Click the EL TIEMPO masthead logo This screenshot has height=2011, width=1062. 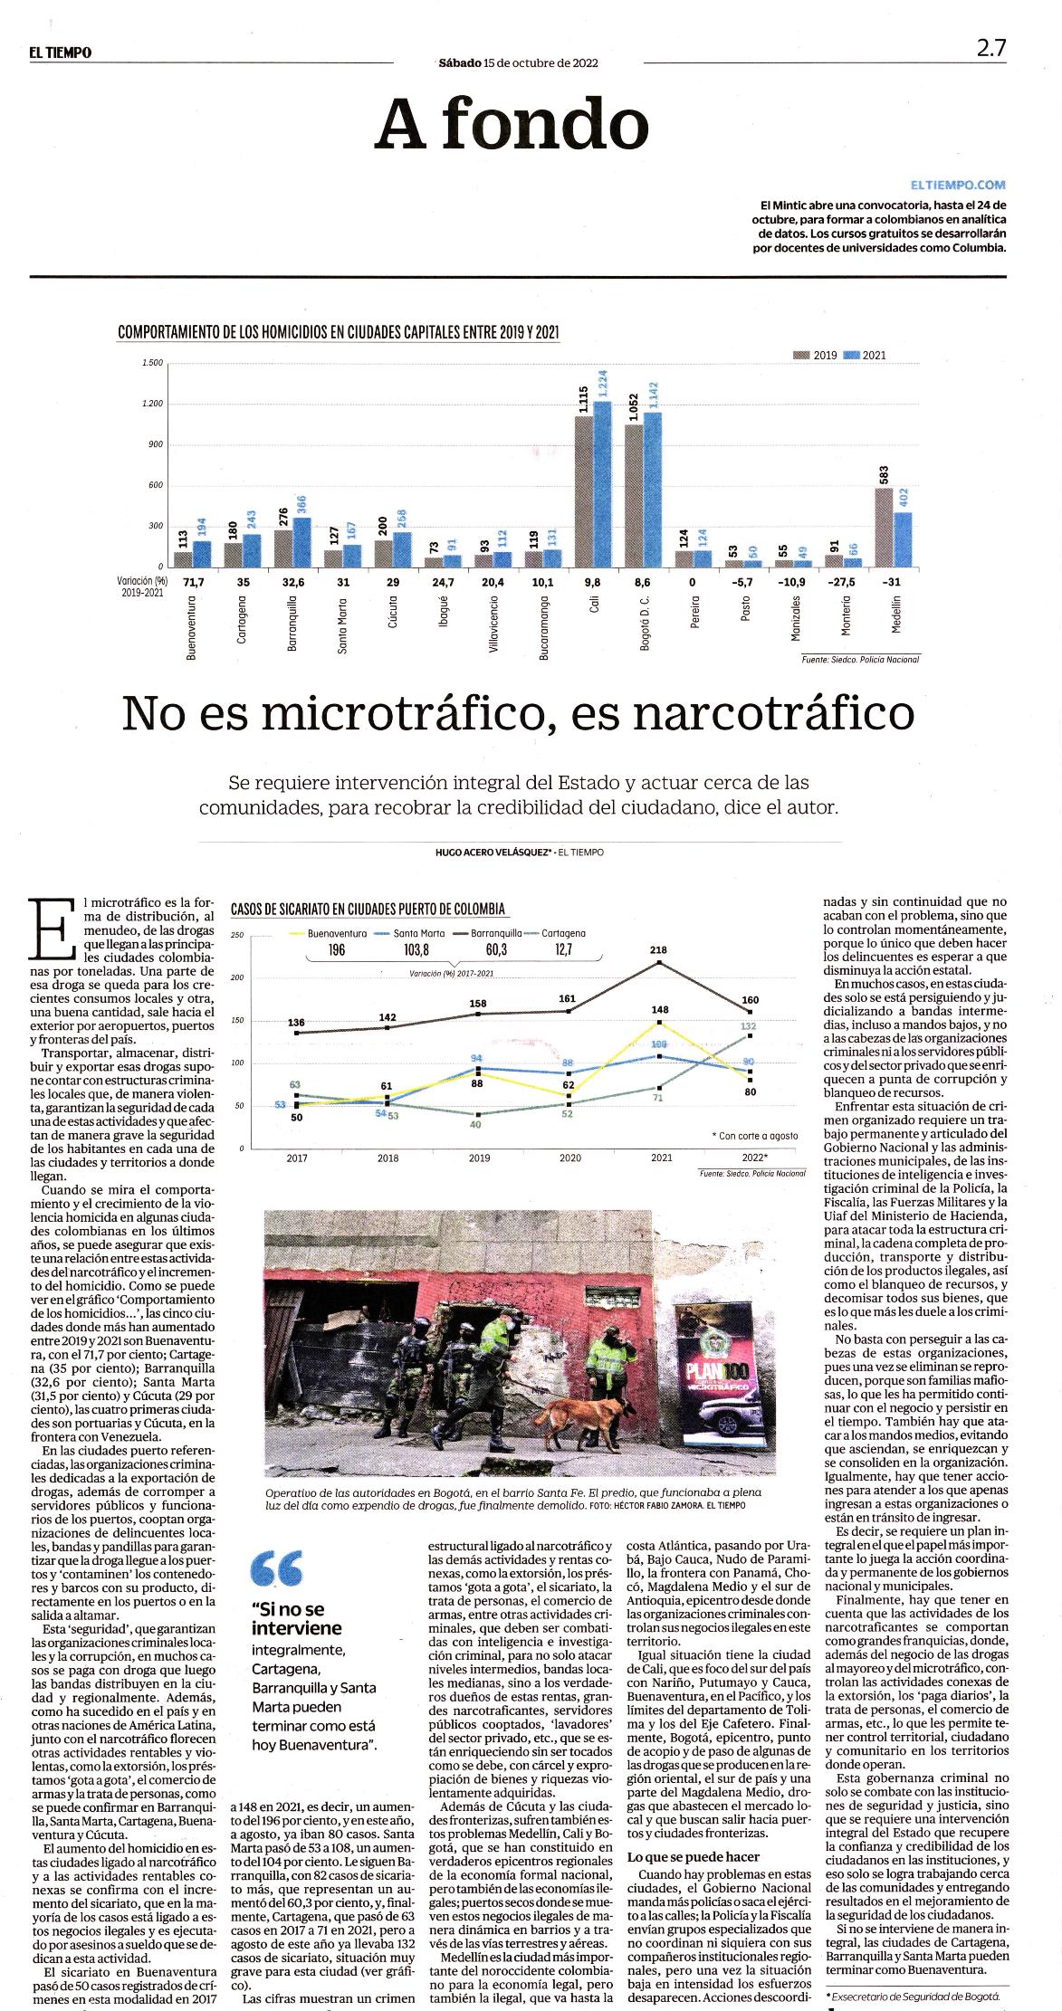pos(60,52)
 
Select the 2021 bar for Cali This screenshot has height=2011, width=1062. pos(602,483)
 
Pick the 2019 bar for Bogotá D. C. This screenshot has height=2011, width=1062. pos(634,495)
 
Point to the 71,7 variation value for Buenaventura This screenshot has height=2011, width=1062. pos(195,582)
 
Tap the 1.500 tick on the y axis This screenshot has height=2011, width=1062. pos(152,363)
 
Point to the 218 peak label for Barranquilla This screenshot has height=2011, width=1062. pos(658,949)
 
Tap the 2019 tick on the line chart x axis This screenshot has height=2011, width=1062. pos(478,1158)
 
